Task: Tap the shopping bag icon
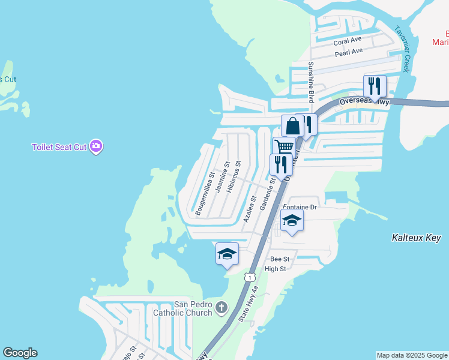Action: coord(292,127)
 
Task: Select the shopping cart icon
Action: coord(284,147)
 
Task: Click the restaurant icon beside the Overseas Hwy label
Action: coord(375,86)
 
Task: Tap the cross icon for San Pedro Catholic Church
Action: coord(221,308)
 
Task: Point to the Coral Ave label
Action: coord(348,41)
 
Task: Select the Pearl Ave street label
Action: coord(349,52)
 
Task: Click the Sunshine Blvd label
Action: coord(311,82)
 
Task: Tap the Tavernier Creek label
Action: coord(401,49)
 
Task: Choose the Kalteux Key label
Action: coord(416,238)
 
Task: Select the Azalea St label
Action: coord(250,209)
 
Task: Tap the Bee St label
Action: coord(280,259)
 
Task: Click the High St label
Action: coord(275,269)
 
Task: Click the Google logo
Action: coord(20,353)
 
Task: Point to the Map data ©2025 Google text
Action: coord(411,355)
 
